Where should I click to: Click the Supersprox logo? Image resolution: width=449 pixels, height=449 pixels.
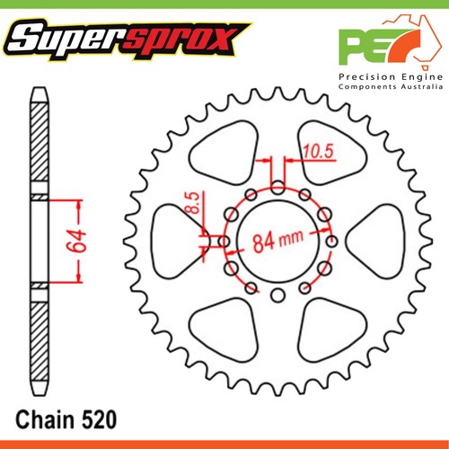(125, 39)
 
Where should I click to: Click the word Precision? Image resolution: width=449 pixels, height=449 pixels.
(365, 78)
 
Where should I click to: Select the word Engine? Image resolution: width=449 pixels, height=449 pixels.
(418, 78)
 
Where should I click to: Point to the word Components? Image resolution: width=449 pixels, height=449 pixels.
(369, 91)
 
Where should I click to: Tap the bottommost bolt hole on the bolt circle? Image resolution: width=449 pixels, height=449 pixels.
(277, 295)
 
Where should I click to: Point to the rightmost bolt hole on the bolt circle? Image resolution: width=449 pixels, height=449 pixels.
(332, 242)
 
